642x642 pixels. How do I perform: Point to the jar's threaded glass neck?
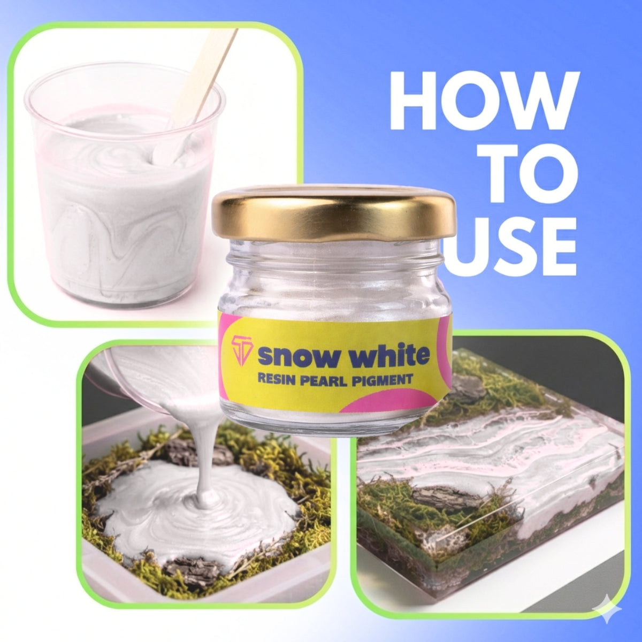pyautogui.click(x=333, y=257)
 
